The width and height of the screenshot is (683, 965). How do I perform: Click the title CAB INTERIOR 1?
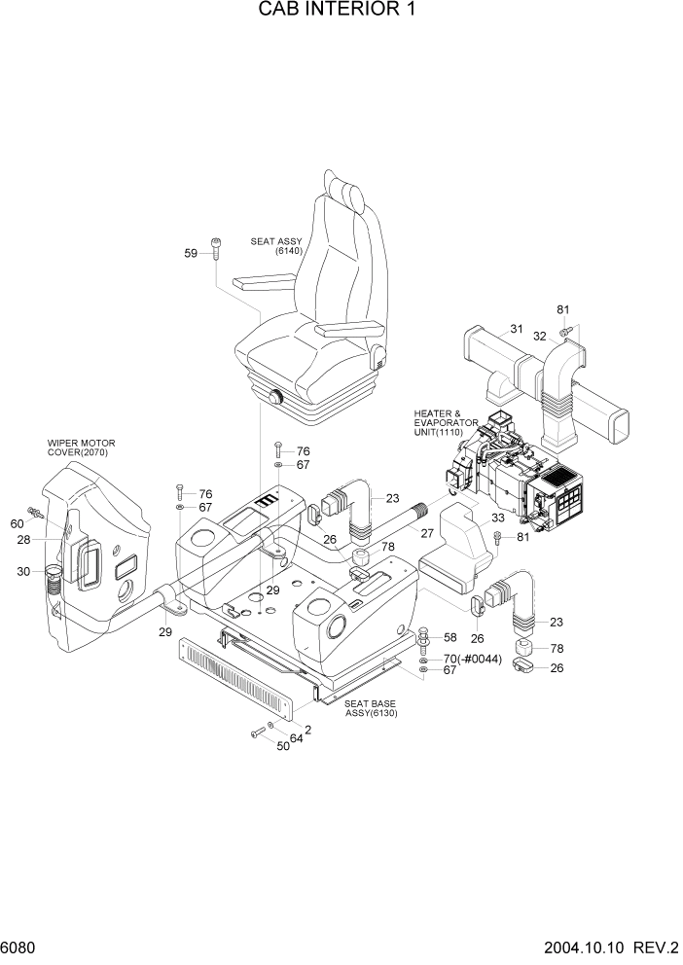(341, 13)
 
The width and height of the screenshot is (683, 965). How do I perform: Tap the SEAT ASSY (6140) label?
(276, 245)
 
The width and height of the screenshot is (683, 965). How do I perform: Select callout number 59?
(191, 253)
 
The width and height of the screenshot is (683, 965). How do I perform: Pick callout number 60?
(17, 523)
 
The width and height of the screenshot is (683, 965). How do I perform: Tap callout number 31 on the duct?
(517, 328)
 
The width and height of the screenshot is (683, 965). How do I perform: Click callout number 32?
(538, 336)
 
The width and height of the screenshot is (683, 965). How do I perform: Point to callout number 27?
(426, 532)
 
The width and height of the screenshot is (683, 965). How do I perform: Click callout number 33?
(470, 518)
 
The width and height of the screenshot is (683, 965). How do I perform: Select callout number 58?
(449, 637)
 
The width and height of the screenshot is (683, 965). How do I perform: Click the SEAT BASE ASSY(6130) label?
(372, 708)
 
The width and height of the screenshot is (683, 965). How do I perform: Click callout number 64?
(295, 738)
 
